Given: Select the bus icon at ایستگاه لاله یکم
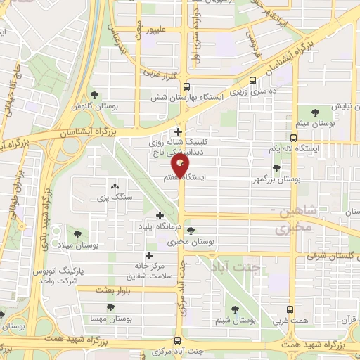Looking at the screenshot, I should coord(294,139).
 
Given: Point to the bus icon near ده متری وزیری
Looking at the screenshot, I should coord(253,80).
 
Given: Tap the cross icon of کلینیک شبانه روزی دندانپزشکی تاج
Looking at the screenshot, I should coord(179,131).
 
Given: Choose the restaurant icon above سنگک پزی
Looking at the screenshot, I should coord(115,187).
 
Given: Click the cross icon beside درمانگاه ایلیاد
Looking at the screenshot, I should coord(160,215).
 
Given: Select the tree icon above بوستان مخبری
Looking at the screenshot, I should coord(191,231).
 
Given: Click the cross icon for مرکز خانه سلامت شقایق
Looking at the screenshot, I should coord(148,255).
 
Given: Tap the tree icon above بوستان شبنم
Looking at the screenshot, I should coord(235,308).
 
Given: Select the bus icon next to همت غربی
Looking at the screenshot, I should coord(291,308).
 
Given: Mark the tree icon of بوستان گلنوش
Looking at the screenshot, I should coord(94,96).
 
